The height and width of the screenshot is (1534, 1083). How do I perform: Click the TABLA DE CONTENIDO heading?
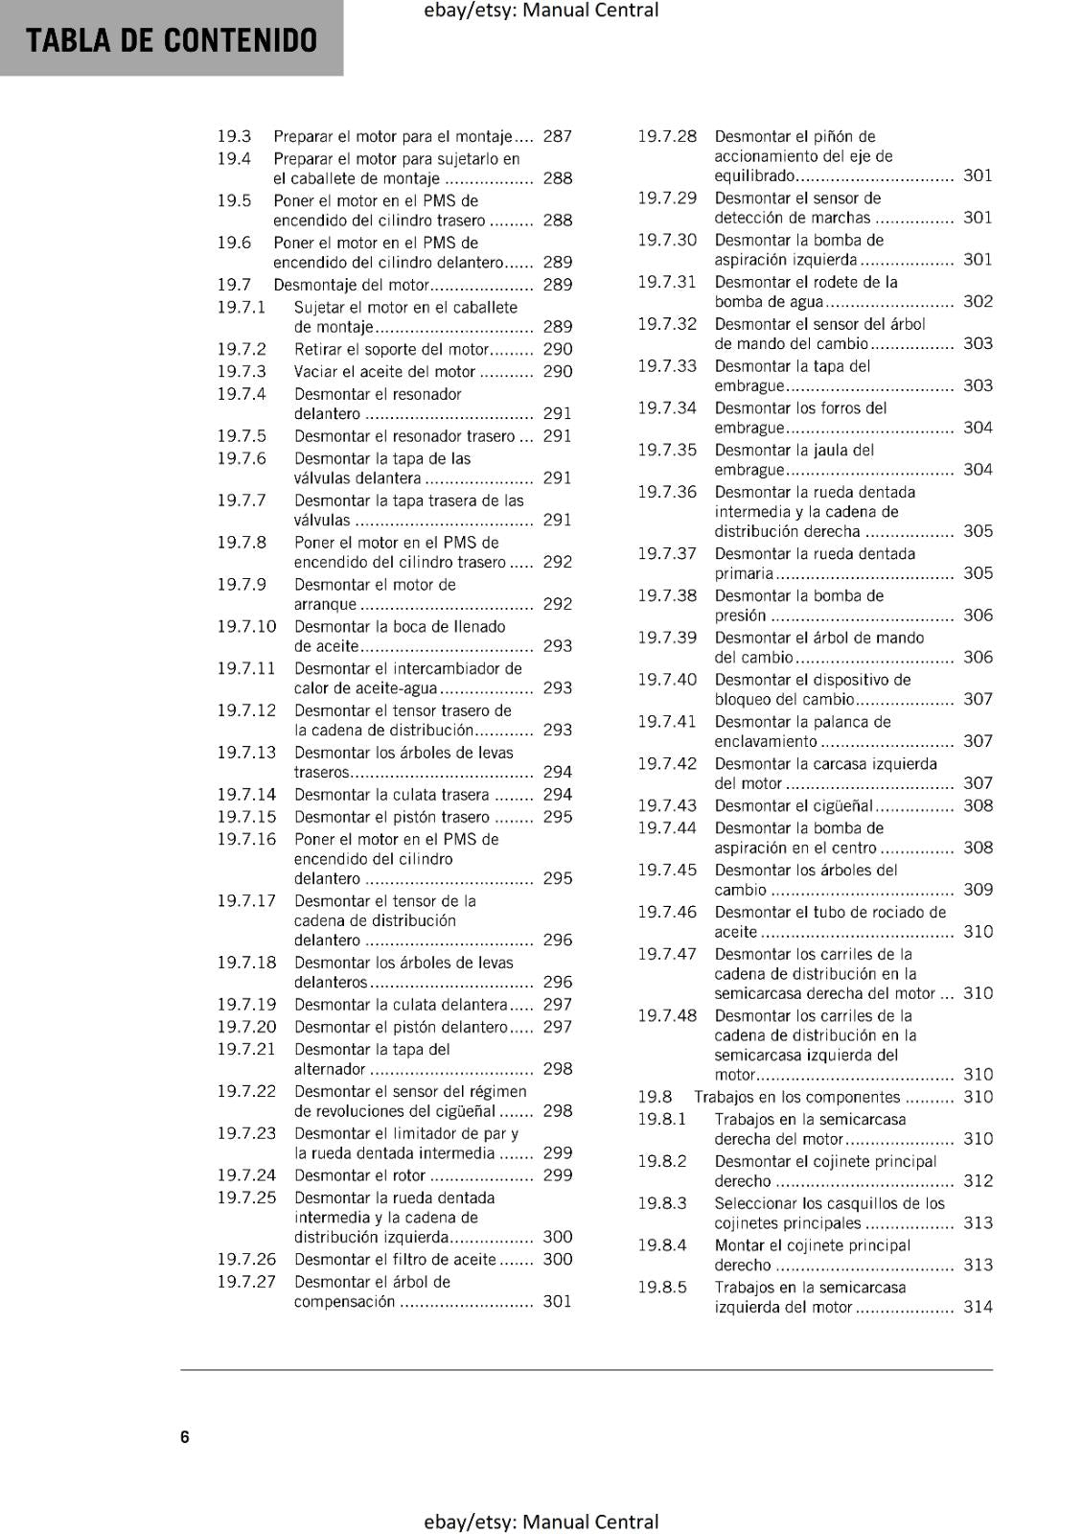tap(172, 40)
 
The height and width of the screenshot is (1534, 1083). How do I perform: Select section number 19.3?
tap(234, 136)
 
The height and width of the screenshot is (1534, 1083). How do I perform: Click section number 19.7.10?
tap(246, 626)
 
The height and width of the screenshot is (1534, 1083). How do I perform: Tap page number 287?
tap(557, 136)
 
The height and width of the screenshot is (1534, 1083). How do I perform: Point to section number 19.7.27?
tap(246, 1282)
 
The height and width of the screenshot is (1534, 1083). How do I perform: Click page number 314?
tap(978, 1307)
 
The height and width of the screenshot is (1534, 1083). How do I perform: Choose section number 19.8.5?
tap(662, 1288)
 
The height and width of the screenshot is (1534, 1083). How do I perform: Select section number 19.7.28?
tap(667, 136)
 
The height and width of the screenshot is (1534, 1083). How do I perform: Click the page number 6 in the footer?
tap(185, 1436)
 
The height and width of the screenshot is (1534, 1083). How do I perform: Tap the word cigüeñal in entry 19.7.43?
tap(834, 806)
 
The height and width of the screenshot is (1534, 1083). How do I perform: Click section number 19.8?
tap(655, 1097)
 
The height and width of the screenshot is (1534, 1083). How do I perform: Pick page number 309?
tap(978, 890)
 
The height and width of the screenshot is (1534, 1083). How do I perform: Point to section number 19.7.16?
tap(246, 839)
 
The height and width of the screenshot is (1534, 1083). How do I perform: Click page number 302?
tap(978, 301)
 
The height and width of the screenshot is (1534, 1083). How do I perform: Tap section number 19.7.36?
tap(667, 492)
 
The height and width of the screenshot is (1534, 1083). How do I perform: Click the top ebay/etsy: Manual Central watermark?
tap(541, 11)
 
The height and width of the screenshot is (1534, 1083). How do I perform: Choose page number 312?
tap(978, 1181)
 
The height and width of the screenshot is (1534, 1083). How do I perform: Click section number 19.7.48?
tap(667, 1015)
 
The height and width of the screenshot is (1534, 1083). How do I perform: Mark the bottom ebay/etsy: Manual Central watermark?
tap(541, 1522)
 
